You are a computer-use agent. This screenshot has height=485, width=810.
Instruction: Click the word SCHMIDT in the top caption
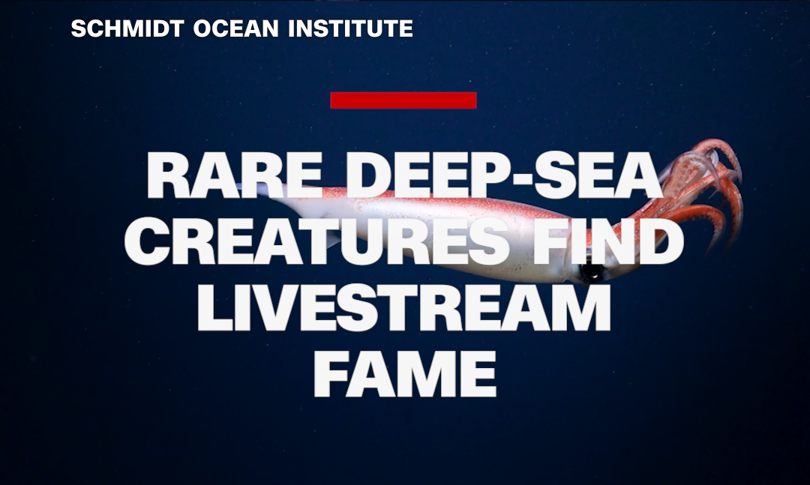(x=127, y=28)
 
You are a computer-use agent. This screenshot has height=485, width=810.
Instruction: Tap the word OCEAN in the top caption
(x=236, y=28)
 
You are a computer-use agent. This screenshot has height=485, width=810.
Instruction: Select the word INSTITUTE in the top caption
(x=350, y=28)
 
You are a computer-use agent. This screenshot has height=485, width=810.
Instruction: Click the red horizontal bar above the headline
(x=403, y=100)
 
